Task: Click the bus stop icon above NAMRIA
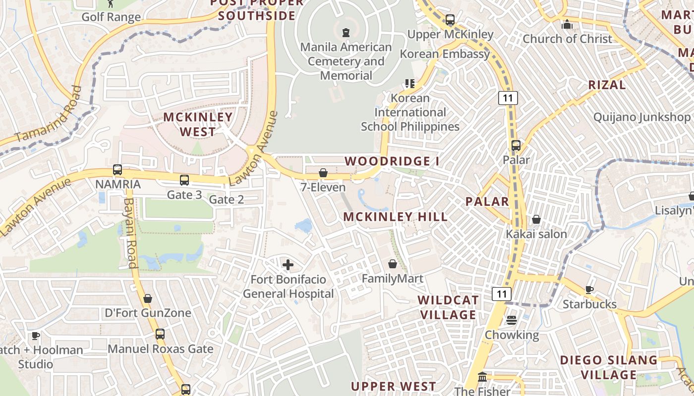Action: click(x=117, y=170)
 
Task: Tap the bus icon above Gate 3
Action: click(x=184, y=180)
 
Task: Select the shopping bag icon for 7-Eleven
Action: click(x=323, y=173)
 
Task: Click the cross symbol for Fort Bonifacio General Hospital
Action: click(x=288, y=265)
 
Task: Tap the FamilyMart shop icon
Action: click(x=393, y=264)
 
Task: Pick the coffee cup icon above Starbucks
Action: click(x=589, y=290)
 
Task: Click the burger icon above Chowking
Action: click(x=512, y=320)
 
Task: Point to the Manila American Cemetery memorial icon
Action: click(x=346, y=33)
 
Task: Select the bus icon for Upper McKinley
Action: click(x=450, y=20)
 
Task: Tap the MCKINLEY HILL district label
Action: click(x=395, y=217)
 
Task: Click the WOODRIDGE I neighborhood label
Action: click(x=392, y=161)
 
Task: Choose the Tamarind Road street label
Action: click(x=50, y=115)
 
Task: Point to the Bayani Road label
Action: click(x=129, y=233)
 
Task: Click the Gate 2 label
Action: click(x=227, y=199)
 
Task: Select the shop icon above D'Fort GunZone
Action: click(x=148, y=298)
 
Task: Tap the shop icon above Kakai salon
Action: click(x=536, y=219)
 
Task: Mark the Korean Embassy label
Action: click(x=445, y=53)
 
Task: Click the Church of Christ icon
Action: click(x=567, y=24)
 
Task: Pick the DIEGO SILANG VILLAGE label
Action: click(x=609, y=367)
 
